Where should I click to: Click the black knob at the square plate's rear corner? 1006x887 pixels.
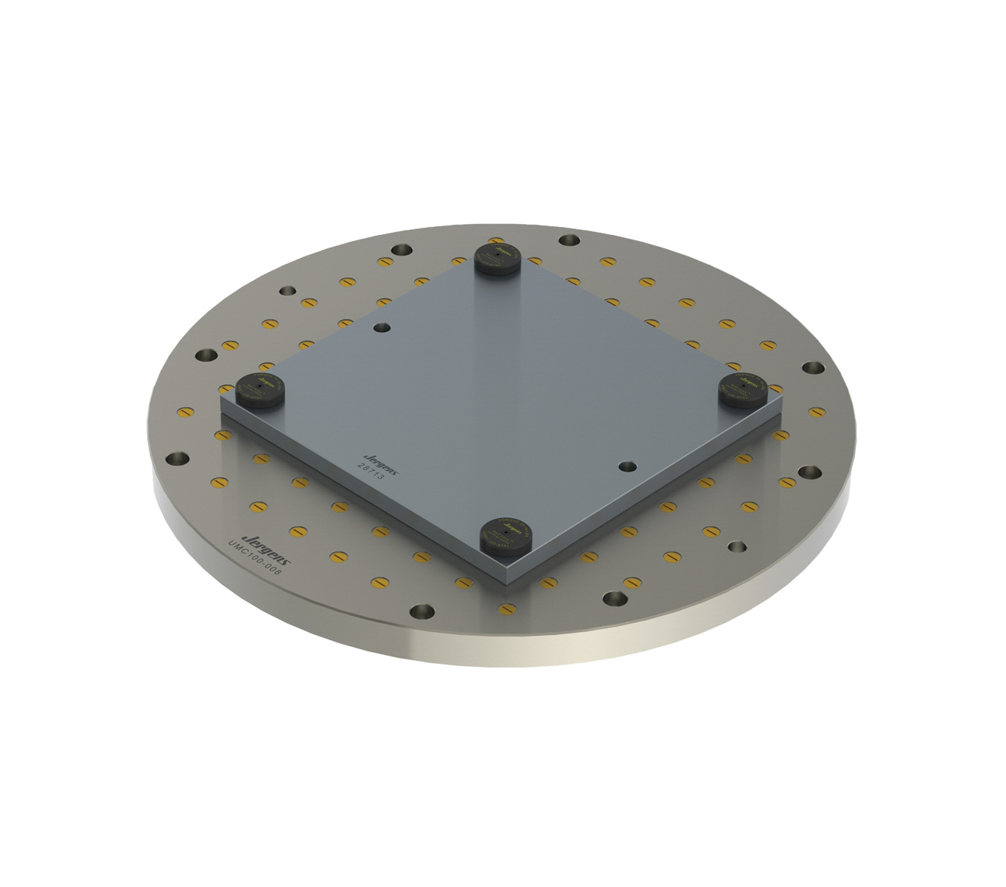pos(498,256)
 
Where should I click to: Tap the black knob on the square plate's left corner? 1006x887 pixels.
pos(260,387)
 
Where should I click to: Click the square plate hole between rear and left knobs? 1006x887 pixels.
pos(382,327)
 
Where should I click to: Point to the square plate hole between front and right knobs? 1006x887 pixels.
pos(627,466)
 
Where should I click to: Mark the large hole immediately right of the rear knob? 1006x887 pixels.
pos(569,240)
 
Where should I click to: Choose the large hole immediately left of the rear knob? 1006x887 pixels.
pos(402,251)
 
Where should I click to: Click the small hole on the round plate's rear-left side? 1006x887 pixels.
pos(286,290)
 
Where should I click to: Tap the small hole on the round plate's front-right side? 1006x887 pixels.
pos(737,547)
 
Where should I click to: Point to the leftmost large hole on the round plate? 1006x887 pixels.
pos(177,459)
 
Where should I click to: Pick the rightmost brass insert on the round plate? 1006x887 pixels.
pos(817,412)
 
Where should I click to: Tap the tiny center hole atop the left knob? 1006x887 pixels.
pos(260,382)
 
